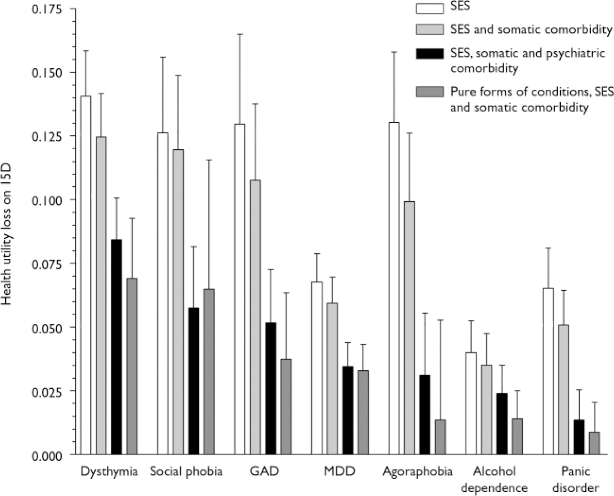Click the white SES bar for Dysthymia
point(85,275)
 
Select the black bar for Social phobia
point(194,381)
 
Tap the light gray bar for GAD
point(255,317)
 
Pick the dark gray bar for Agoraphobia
point(441,437)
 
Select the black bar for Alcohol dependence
point(502,424)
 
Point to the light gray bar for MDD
point(332,379)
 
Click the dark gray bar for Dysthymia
point(132,366)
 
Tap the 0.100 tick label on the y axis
point(47,200)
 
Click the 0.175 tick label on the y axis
point(47,9)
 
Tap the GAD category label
point(264,472)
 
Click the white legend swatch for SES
point(429,8)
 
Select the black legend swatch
point(429,54)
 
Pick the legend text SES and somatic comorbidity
point(531,29)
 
